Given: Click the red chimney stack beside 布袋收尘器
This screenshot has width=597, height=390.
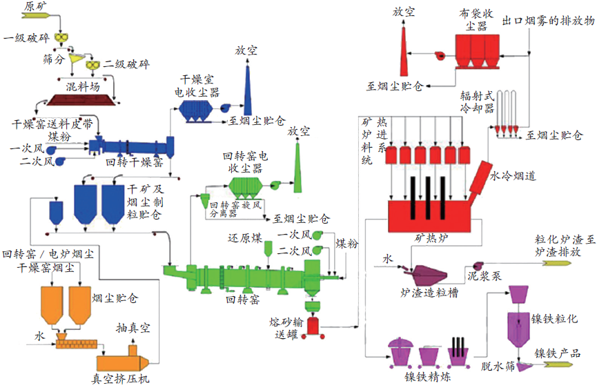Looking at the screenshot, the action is click(403, 51).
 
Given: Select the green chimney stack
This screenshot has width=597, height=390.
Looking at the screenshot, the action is click(297, 168).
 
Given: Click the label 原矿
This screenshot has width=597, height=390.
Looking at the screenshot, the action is click(36, 6).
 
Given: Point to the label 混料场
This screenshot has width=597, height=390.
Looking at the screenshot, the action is click(83, 86).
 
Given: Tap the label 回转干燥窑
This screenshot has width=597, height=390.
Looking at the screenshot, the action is click(135, 163).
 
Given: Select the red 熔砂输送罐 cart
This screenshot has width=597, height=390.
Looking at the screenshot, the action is click(313, 327).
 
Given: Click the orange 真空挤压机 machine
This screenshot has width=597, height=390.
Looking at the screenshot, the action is click(123, 359).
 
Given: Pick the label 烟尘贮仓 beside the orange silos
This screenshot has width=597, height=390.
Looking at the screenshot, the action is click(115, 298).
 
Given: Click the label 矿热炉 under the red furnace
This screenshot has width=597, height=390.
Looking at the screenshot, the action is click(431, 238).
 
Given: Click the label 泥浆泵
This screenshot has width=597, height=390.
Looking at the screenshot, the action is click(485, 276).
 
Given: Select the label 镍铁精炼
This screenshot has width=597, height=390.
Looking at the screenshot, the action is click(428, 377).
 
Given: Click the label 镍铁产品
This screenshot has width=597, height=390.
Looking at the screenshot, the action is click(558, 353).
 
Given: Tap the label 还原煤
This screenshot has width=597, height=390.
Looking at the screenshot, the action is click(245, 239).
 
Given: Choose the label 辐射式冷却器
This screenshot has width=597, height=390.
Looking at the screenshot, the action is click(478, 101).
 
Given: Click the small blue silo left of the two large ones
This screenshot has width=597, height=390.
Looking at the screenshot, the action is click(57, 213).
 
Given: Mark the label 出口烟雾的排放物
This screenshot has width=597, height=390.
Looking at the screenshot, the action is click(548, 21).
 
